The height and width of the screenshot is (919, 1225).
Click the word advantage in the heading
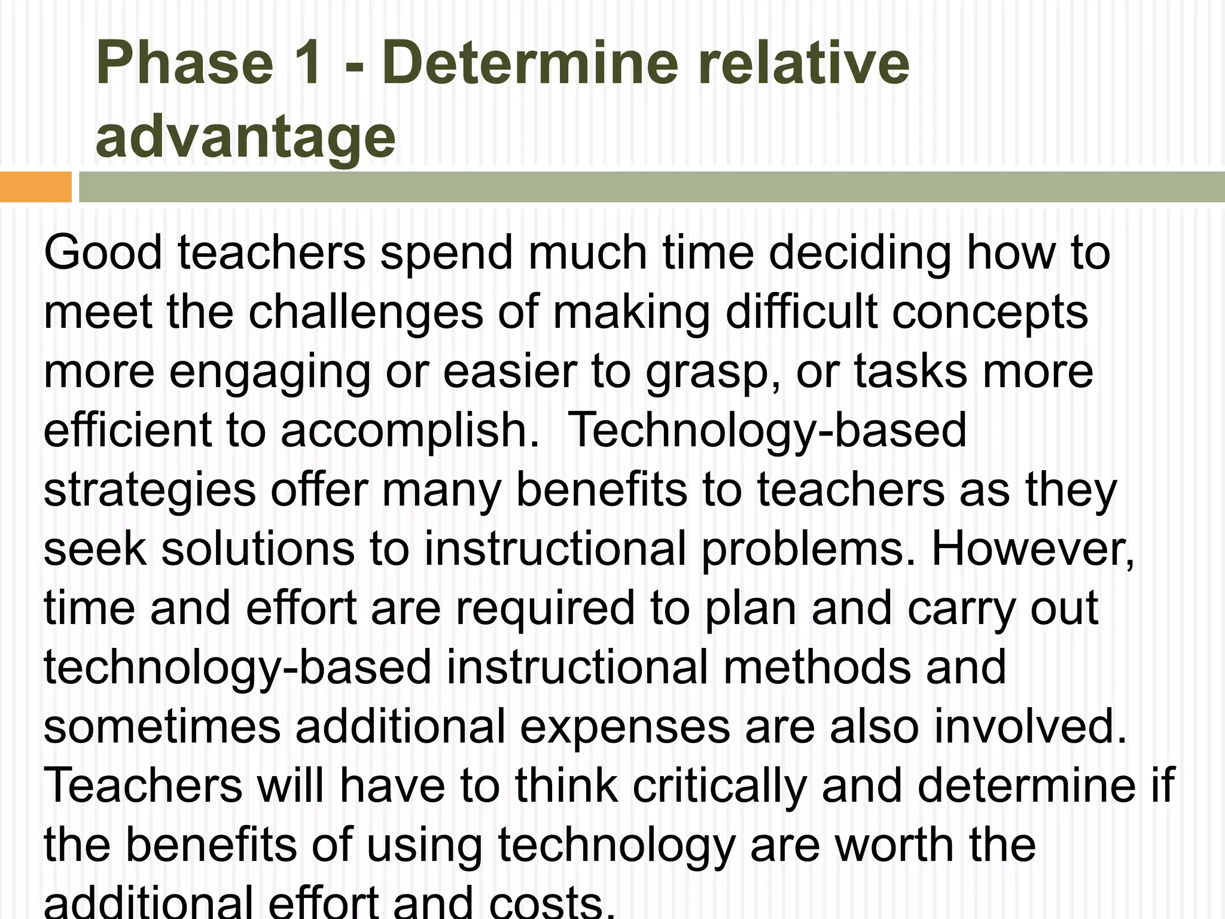point(245,139)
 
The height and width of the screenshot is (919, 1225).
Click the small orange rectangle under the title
point(35,187)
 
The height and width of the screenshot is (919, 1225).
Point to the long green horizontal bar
point(652,187)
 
